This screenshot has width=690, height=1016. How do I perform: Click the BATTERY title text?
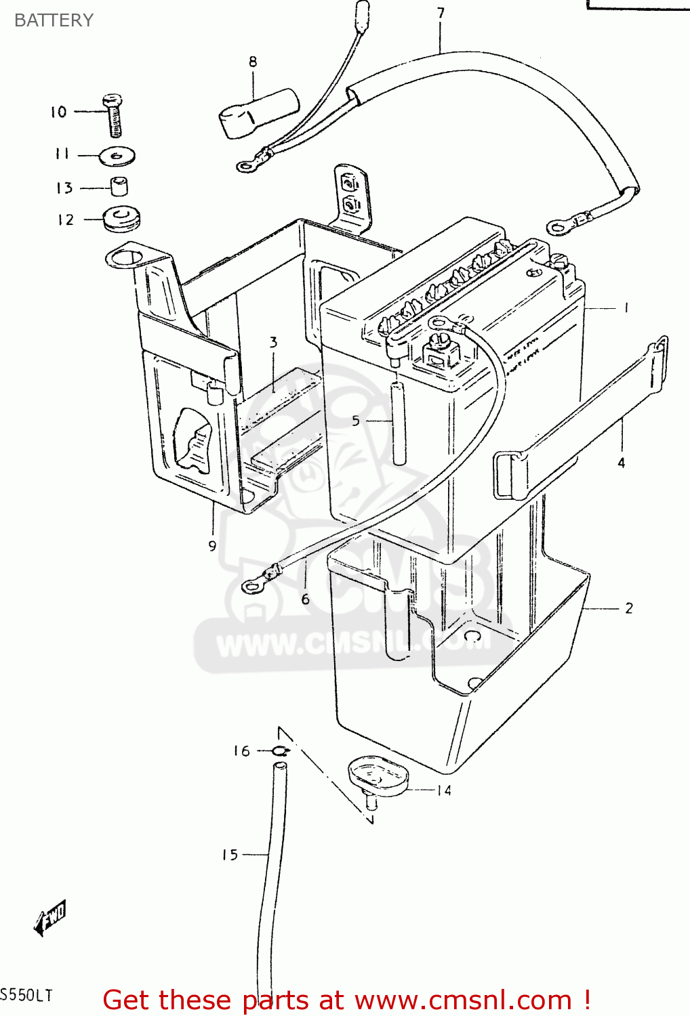[x=54, y=20]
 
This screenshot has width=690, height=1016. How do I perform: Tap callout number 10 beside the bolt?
[x=58, y=112]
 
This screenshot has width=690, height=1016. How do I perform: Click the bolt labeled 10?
[x=115, y=115]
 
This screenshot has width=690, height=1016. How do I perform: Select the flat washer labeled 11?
[x=117, y=156]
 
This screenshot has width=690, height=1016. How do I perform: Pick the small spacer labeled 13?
[x=119, y=186]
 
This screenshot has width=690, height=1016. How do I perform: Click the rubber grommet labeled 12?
[x=122, y=219]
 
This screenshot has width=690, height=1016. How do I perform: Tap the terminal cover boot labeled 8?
[x=258, y=113]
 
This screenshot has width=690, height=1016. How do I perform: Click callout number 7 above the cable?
[x=441, y=13]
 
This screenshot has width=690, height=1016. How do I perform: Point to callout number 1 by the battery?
[x=626, y=308]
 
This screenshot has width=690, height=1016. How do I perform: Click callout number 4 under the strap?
[x=621, y=463]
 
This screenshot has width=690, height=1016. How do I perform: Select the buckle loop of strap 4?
[x=510, y=475]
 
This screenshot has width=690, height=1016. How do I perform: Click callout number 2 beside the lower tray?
[x=629, y=608]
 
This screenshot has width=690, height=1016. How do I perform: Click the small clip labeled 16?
[x=280, y=750]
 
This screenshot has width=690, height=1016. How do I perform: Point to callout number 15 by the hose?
[x=230, y=855]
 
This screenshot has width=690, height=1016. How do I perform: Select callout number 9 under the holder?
[x=212, y=546]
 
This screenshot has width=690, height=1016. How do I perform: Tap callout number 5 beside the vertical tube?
[x=356, y=421]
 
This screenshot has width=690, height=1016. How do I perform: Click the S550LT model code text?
[x=26, y=996]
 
